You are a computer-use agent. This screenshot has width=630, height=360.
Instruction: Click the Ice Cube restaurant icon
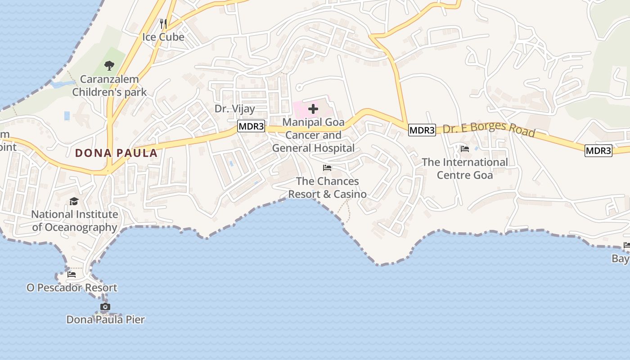pos(163,23)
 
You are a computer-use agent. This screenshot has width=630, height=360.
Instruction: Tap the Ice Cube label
pos(163,37)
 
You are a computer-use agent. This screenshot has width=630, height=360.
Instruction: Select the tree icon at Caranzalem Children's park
pos(109,66)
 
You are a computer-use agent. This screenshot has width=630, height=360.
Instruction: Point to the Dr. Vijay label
pos(234,108)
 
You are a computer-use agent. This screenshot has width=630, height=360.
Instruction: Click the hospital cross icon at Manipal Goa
pos(313,108)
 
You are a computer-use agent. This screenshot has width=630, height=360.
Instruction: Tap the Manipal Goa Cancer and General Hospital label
pos(313,135)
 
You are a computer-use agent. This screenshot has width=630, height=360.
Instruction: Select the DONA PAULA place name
pos(117,153)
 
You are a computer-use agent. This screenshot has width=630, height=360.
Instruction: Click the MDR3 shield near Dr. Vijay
pos(251,126)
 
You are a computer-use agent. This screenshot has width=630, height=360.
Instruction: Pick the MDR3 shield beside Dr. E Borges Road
pos(422,130)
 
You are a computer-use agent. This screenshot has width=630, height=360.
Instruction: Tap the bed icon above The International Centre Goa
pos(465,148)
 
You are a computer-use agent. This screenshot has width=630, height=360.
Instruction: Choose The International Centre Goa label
pos(465,168)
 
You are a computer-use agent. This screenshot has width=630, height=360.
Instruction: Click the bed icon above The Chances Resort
pos(327,168)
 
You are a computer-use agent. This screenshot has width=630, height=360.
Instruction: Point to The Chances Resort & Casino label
pos(327,188)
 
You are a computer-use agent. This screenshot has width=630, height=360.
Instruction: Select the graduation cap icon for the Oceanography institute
pos(74,201)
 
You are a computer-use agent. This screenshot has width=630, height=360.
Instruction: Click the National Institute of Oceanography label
pos(75,221)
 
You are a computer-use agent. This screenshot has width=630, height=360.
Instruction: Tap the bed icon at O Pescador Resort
pos(72,274)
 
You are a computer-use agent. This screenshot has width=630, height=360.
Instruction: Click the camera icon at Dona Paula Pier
pos(105,307)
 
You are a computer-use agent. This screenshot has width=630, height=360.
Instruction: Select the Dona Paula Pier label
pos(105,320)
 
